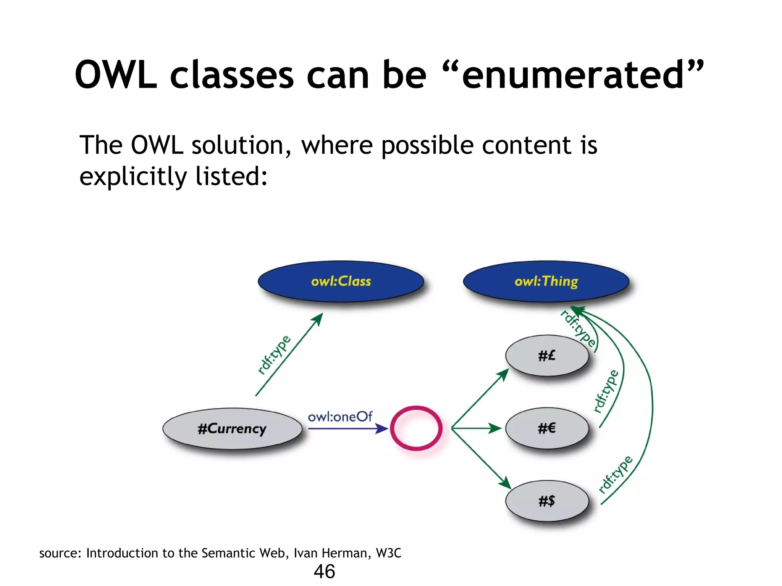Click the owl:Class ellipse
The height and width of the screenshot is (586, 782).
[341, 282]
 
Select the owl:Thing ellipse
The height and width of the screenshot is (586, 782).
[546, 282]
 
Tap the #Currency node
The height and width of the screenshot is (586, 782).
[232, 428]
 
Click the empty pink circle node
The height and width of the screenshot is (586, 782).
[416, 428]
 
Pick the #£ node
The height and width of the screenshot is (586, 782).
[547, 356]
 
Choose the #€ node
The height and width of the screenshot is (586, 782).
[547, 428]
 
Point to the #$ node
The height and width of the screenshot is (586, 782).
[547, 501]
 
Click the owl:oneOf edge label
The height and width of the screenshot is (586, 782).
[340, 417]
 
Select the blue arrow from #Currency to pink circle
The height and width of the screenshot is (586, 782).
[344, 429]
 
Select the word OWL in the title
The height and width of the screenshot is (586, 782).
[116, 75]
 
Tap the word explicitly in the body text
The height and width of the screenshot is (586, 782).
[133, 177]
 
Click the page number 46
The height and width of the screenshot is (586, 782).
[324, 572]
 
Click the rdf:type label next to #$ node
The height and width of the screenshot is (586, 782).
[616, 475]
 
